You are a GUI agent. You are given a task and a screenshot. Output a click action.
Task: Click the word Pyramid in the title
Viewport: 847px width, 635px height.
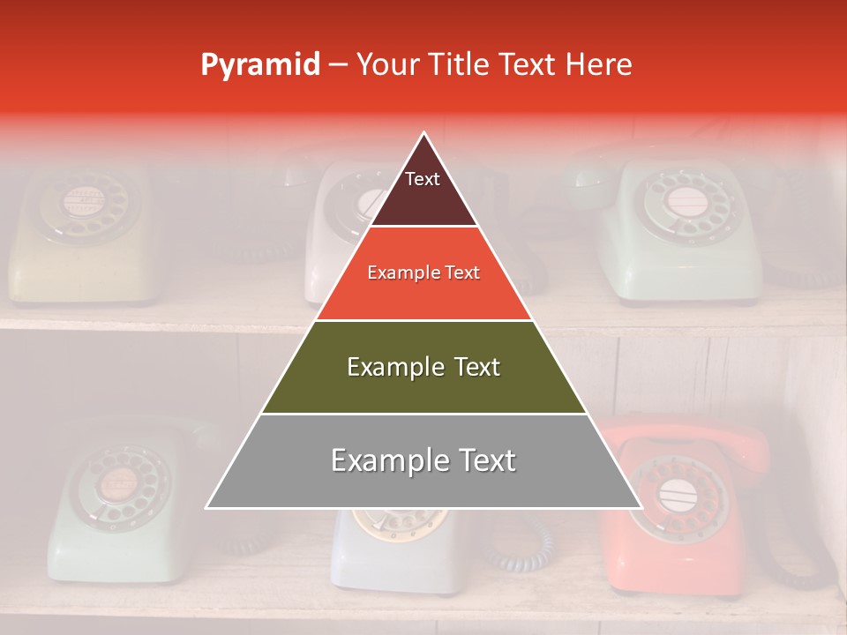(259, 65)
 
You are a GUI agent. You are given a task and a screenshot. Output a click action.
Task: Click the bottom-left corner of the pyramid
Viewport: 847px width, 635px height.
(206, 508)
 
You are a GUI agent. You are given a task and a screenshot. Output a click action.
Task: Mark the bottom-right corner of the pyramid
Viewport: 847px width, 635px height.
(641, 508)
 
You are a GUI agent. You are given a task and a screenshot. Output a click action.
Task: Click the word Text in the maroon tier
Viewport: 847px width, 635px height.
(423, 180)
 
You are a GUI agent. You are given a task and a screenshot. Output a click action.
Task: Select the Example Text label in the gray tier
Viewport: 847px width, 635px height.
(423, 460)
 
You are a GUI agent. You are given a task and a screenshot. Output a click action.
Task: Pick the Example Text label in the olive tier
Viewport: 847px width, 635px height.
(423, 367)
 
